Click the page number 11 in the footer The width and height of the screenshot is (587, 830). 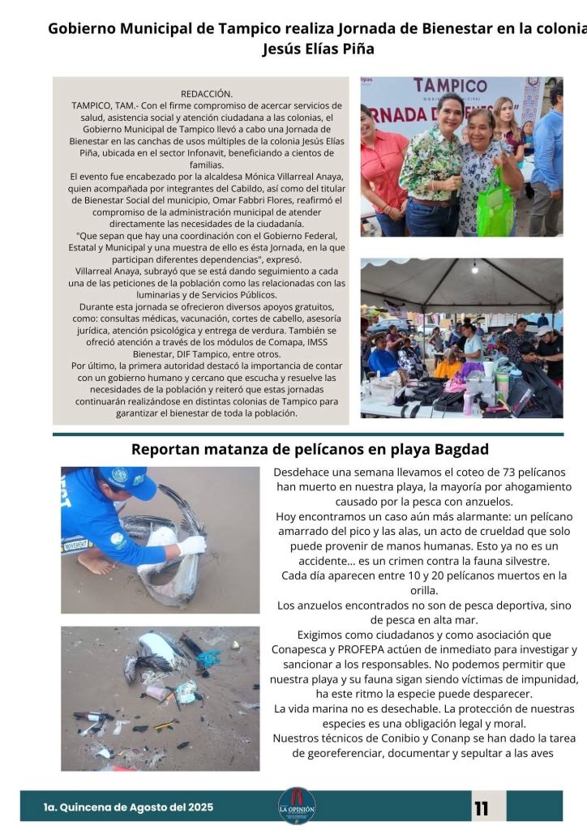(482, 808)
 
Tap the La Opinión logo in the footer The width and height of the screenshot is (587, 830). (297, 806)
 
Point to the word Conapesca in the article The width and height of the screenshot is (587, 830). (306, 649)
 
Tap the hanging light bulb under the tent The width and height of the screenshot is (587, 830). (475, 267)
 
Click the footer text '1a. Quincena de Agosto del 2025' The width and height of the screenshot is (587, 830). (128, 807)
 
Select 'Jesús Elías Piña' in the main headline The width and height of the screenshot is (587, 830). (319, 49)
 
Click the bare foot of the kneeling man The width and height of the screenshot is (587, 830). (96, 563)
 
